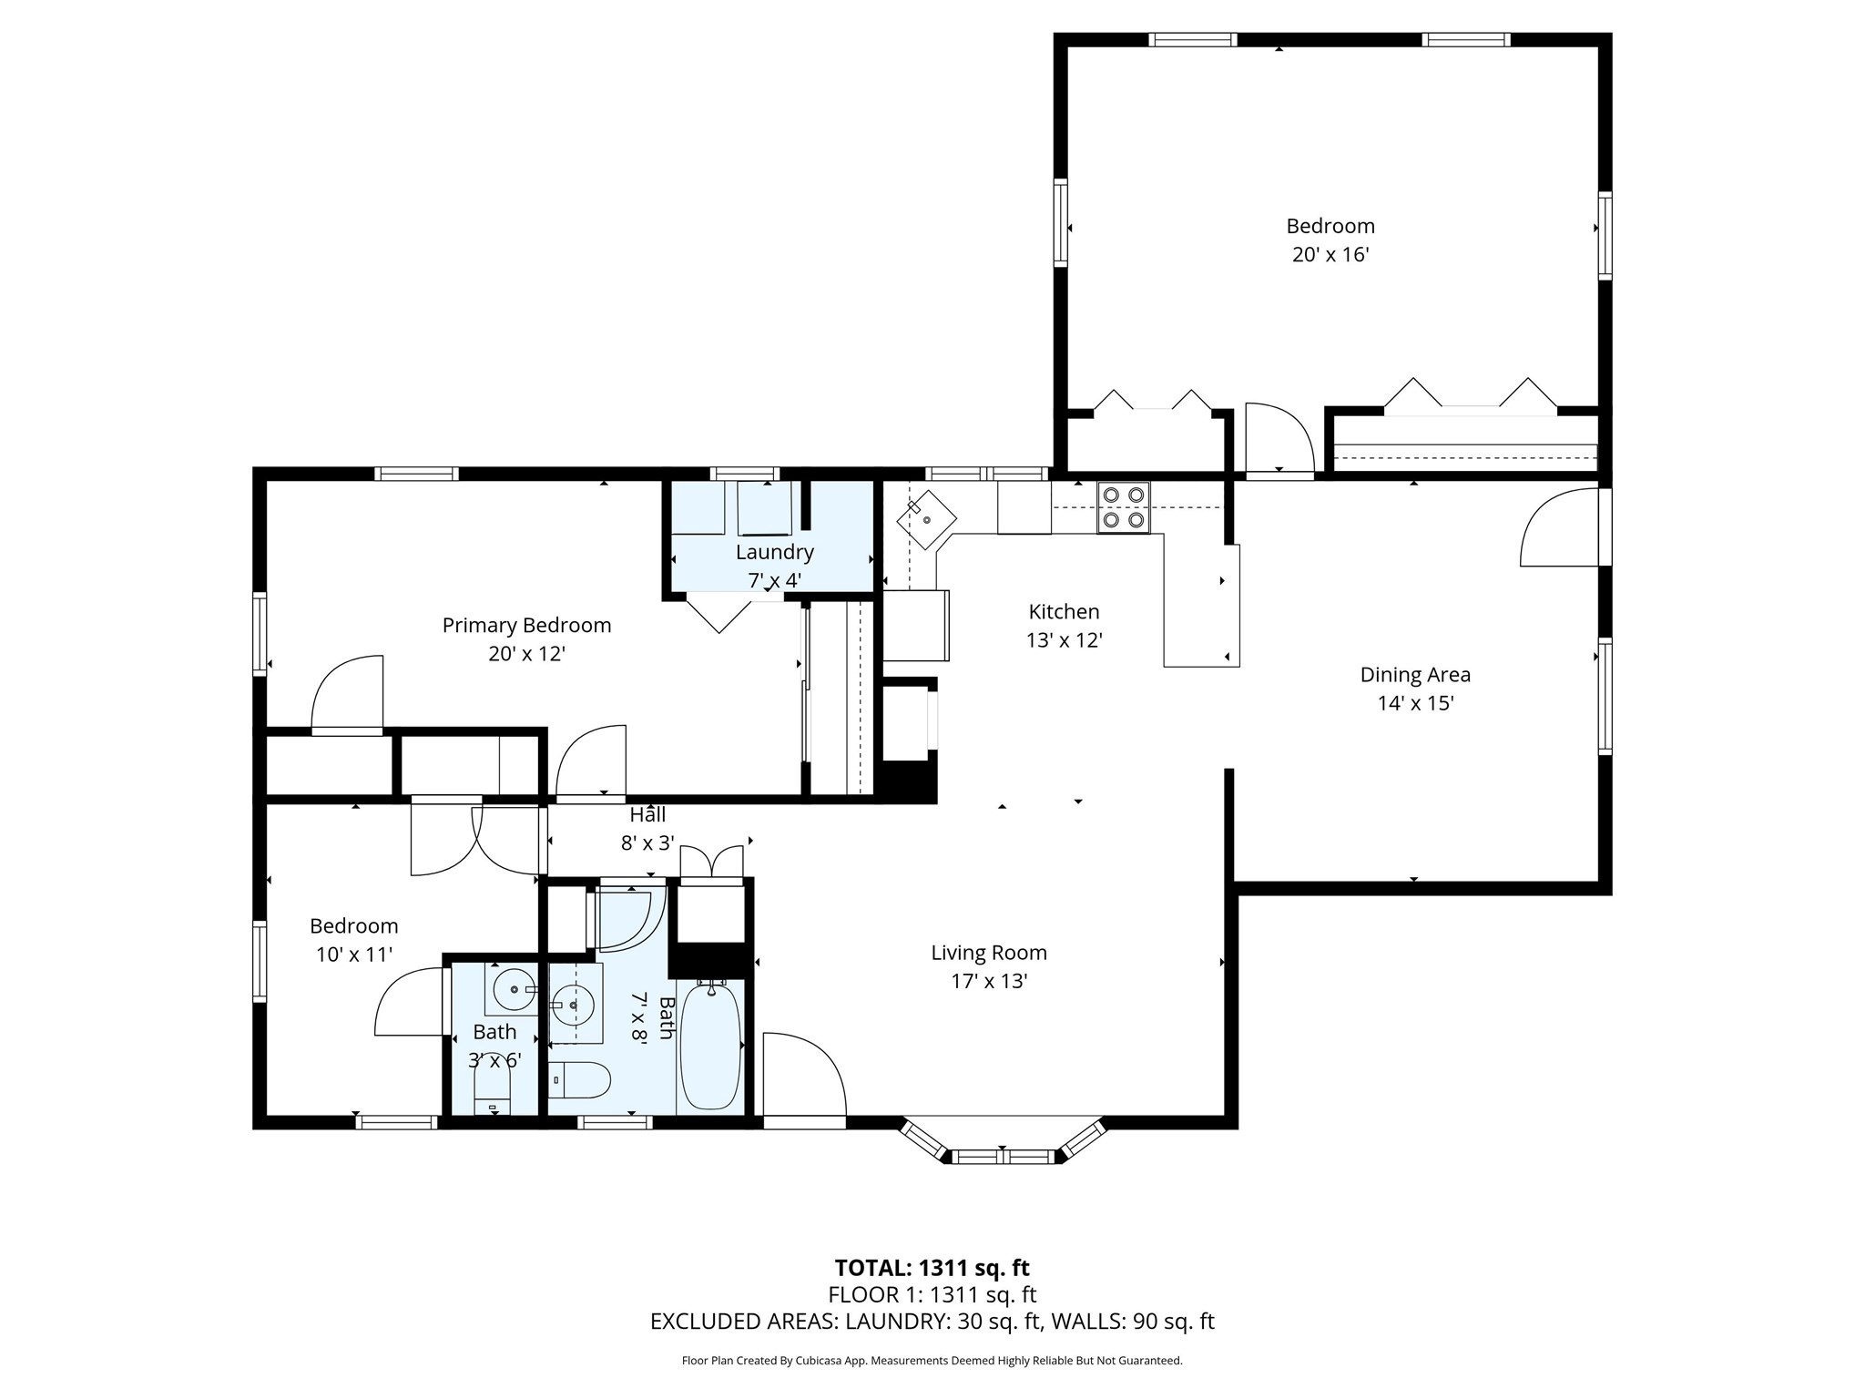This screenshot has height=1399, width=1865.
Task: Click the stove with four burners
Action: point(1123,507)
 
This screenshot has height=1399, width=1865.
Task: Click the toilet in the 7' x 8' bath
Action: point(582,1080)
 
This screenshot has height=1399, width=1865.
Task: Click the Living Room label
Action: point(988,953)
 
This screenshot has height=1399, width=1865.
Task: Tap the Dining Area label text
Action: point(1414,675)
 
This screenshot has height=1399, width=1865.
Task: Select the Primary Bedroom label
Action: point(526,626)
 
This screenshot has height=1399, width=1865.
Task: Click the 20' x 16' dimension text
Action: point(1330,254)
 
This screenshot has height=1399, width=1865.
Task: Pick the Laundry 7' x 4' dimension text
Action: point(774,580)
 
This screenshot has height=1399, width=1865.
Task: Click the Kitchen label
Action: point(1064,612)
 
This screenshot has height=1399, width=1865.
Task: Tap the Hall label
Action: point(647,815)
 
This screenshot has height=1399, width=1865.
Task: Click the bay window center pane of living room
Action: point(1002,1157)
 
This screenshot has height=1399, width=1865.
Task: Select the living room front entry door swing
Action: point(801,1075)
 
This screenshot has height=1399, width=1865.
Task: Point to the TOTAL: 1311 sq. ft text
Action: point(932,1268)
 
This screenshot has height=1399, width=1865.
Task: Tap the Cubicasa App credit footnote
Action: point(932,1361)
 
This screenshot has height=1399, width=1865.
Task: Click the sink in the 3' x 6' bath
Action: point(513,989)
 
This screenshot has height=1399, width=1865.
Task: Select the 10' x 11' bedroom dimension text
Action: point(353,955)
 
